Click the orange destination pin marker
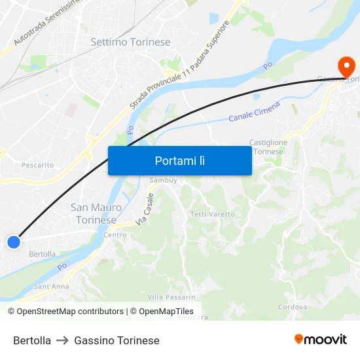(x=345, y=66)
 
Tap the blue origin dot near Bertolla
(x=13, y=242)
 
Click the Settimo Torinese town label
(x=130, y=42)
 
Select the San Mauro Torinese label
(x=96, y=213)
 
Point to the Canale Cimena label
(x=255, y=111)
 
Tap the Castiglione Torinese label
(x=268, y=147)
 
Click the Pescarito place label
(x=38, y=166)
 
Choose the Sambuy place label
(x=163, y=180)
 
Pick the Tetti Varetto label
(x=212, y=215)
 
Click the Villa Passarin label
(x=171, y=297)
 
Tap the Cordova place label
(x=292, y=307)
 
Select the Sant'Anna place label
(x=51, y=286)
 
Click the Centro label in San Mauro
(x=115, y=235)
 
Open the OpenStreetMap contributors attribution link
(x=65, y=312)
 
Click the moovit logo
(x=320, y=339)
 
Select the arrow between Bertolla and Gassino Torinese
(x=63, y=340)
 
